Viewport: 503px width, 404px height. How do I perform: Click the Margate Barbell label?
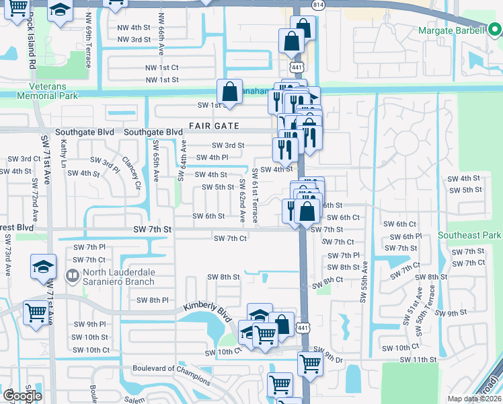(x=451, y=30)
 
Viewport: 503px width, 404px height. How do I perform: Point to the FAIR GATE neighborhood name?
(x=214, y=126)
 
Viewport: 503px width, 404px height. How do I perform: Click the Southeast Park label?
(x=469, y=236)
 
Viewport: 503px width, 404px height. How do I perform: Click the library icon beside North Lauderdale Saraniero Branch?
(x=71, y=276)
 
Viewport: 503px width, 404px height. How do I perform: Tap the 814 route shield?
(x=317, y=5)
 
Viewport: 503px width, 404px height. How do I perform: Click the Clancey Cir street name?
(x=132, y=173)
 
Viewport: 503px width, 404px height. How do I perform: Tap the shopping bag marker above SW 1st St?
(x=229, y=92)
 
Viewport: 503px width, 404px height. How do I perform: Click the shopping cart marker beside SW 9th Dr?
(x=310, y=364)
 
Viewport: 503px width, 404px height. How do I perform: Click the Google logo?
(x=22, y=395)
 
